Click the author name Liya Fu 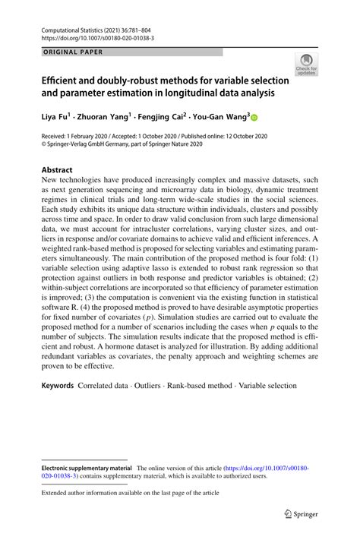pos(55,118)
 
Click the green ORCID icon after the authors pos(254,118)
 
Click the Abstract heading pos(57,170)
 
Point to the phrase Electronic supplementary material pos(85,469)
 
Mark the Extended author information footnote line pos(130,493)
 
